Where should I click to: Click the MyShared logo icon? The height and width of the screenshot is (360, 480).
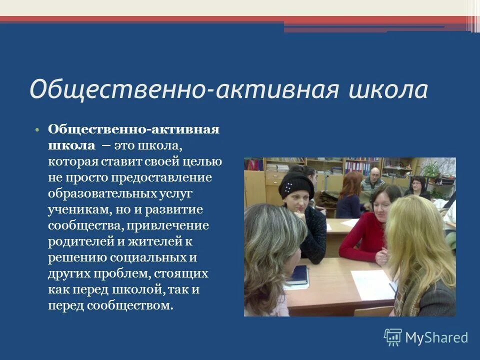click(x=392, y=337)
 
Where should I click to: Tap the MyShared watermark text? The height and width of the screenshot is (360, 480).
click(x=436, y=338)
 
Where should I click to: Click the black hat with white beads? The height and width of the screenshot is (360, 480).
click(x=296, y=184)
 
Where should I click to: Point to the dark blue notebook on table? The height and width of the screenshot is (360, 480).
click(x=298, y=274)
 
